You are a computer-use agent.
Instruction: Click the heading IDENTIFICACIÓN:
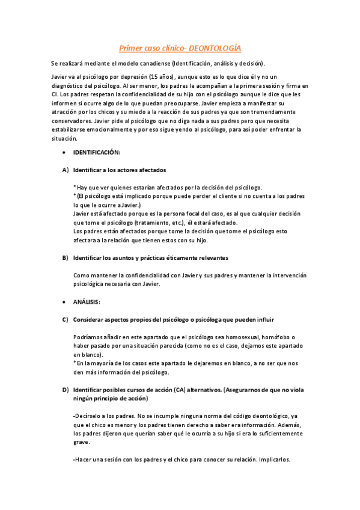pyautogui.click(x=97, y=153)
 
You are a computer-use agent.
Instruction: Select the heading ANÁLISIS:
pyautogui.click(x=87, y=301)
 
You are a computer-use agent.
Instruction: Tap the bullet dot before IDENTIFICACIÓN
pyautogui.click(x=64, y=153)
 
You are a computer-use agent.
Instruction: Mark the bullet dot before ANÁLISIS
pyautogui.click(x=64, y=301)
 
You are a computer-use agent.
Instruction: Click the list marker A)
pyautogui.click(x=65, y=170)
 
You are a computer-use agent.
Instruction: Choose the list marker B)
pyautogui.click(x=65, y=258)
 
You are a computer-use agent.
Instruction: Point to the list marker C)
pyautogui.click(x=65, y=319)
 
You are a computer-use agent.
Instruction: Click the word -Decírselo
pyautogui.click(x=88, y=416)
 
